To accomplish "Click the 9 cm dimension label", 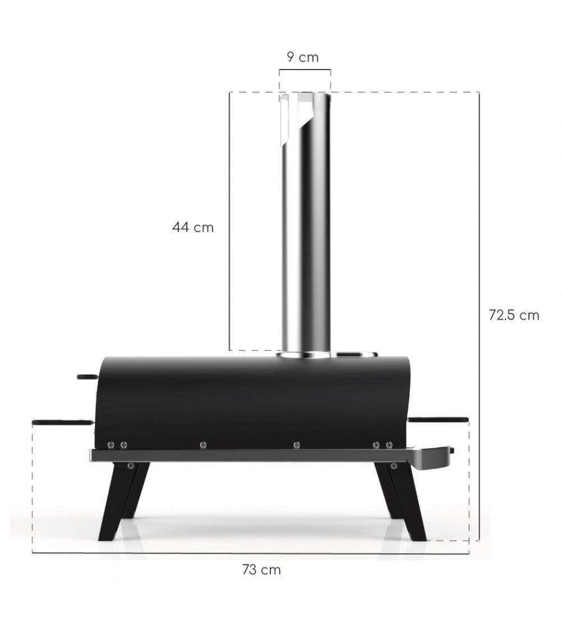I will click(x=302, y=57).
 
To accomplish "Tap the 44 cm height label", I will click(x=193, y=228).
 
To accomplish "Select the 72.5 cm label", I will click(x=514, y=315).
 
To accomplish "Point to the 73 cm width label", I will click(x=261, y=570).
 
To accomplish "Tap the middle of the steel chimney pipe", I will click(x=305, y=236).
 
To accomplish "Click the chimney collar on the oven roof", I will click(x=305, y=355).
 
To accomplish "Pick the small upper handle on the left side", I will click(x=87, y=377).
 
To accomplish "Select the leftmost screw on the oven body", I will click(x=112, y=445).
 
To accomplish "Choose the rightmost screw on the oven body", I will click(x=389, y=445).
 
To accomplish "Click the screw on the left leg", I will click(x=130, y=466).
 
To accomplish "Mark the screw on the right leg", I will click(x=393, y=466).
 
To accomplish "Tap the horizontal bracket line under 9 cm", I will click(x=305, y=70).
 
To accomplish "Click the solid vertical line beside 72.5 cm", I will click(x=479, y=314).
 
